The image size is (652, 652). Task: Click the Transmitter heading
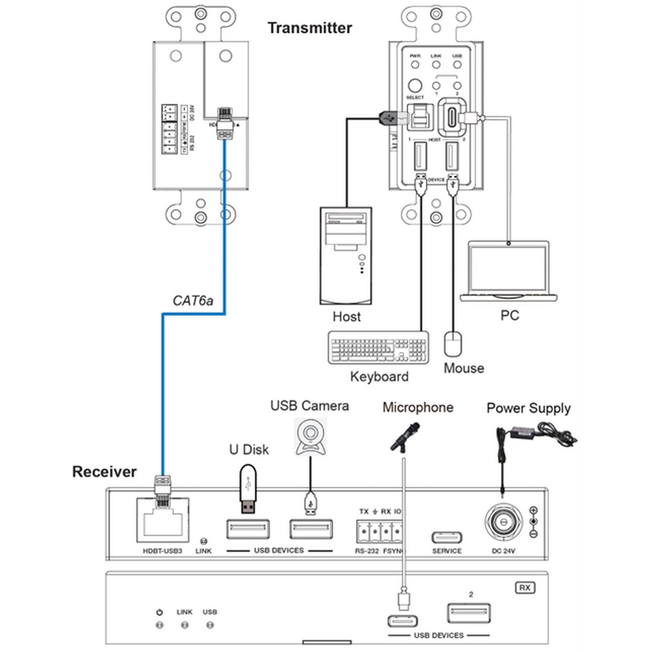[310, 28]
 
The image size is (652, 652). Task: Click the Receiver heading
[104, 472]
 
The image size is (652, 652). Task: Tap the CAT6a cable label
[193, 300]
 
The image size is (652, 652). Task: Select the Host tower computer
[346, 256]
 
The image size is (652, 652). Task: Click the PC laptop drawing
[509, 271]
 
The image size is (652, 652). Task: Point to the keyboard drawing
[379, 348]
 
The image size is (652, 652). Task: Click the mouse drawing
[453, 344]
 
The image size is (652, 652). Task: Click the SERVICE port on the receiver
[447, 538]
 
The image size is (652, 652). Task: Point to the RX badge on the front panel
[525, 588]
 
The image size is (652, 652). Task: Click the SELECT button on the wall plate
[415, 86]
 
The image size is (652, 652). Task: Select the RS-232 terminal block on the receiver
[379, 532]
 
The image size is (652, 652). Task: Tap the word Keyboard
[379, 376]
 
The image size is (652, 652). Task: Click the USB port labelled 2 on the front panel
[469, 613]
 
